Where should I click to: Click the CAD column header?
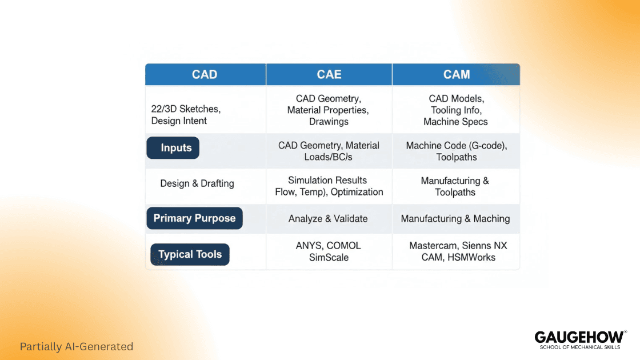pyautogui.click(x=205, y=74)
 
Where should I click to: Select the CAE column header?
pyautogui.click(x=329, y=74)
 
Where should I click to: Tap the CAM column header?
pyautogui.click(x=457, y=74)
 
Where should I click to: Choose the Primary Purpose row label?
pyautogui.click(x=194, y=218)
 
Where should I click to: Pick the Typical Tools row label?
pyautogui.click(x=190, y=254)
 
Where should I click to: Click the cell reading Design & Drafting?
pyautogui.click(x=197, y=183)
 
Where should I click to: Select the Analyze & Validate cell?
pyautogui.click(x=328, y=218)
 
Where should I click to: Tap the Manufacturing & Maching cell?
pyautogui.click(x=455, y=218)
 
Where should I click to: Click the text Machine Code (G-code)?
pyautogui.click(x=456, y=146)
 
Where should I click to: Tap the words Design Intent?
pyautogui.click(x=179, y=121)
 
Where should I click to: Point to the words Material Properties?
pyautogui.click(x=328, y=110)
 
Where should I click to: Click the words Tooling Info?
pyautogui.click(x=455, y=110)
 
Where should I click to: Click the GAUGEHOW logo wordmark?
pyautogui.click(x=579, y=337)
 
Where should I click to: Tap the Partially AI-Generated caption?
pyautogui.click(x=76, y=346)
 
